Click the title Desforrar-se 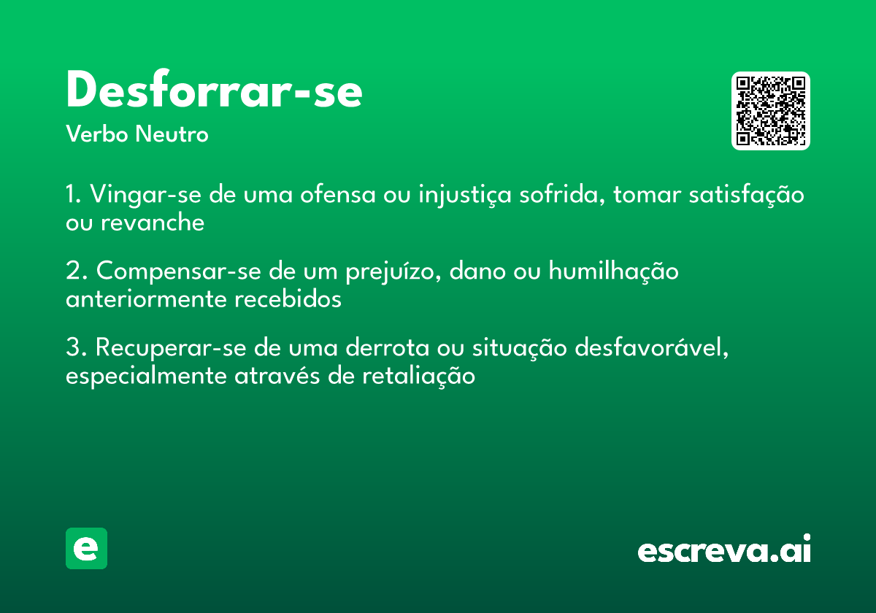point(214,92)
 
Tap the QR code point(771,111)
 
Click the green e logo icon point(86,548)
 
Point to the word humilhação point(613,271)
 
